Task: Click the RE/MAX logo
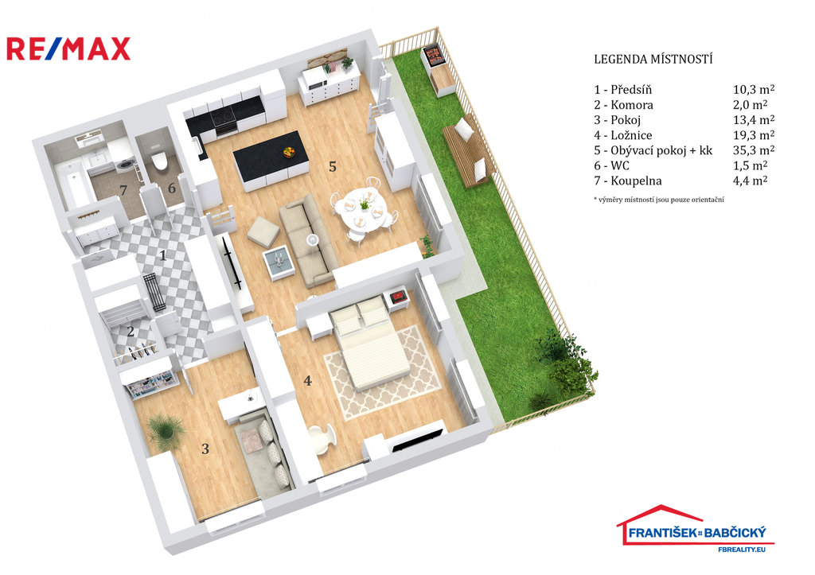coord(68,49)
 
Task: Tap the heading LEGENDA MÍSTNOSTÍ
coord(653,59)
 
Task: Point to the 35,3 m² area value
coord(754,150)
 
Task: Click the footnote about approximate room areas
coord(659,200)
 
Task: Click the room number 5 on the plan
coord(333,166)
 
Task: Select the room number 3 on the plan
coord(205,449)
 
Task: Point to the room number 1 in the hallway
coord(162,255)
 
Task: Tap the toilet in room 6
coord(158,161)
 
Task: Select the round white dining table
coord(360,208)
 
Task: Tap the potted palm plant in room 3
coord(167,430)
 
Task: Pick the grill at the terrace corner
coord(434,56)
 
